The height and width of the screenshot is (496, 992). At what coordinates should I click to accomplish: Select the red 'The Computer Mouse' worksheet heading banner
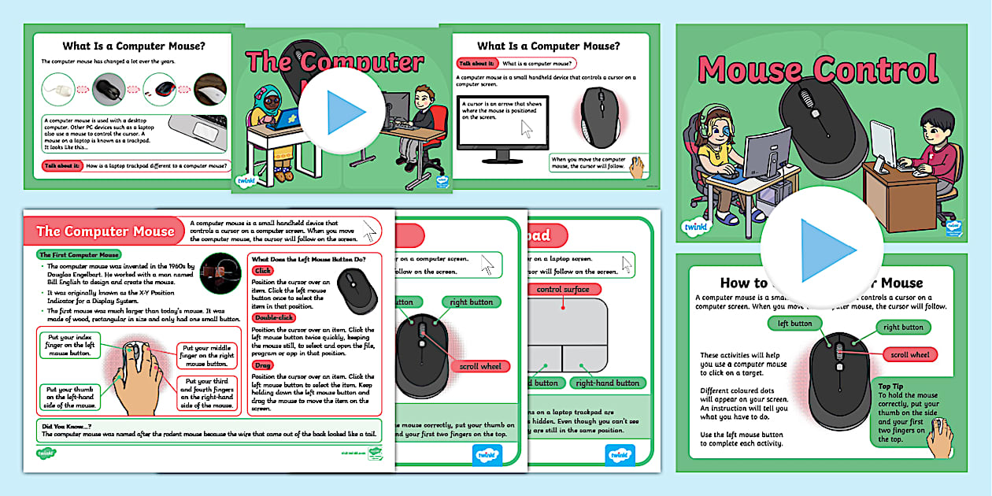[x=105, y=231]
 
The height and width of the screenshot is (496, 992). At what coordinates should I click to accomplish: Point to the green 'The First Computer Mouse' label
[x=79, y=255]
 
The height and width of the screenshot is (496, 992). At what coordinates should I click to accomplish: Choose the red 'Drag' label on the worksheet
[x=262, y=365]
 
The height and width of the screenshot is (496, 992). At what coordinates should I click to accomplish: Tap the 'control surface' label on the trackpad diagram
[x=563, y=290]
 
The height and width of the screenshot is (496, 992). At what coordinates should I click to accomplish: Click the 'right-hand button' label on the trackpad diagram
[x=607, y=383]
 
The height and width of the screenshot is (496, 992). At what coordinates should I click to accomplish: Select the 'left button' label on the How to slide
[x=794, y=324]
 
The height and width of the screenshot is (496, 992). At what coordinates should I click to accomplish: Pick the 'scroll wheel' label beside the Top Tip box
[x=910, y=355]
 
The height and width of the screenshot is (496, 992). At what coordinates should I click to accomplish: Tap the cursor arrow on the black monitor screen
[x=526, y=129]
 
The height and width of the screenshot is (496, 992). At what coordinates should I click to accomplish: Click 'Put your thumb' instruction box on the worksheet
[x=70, y=397]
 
